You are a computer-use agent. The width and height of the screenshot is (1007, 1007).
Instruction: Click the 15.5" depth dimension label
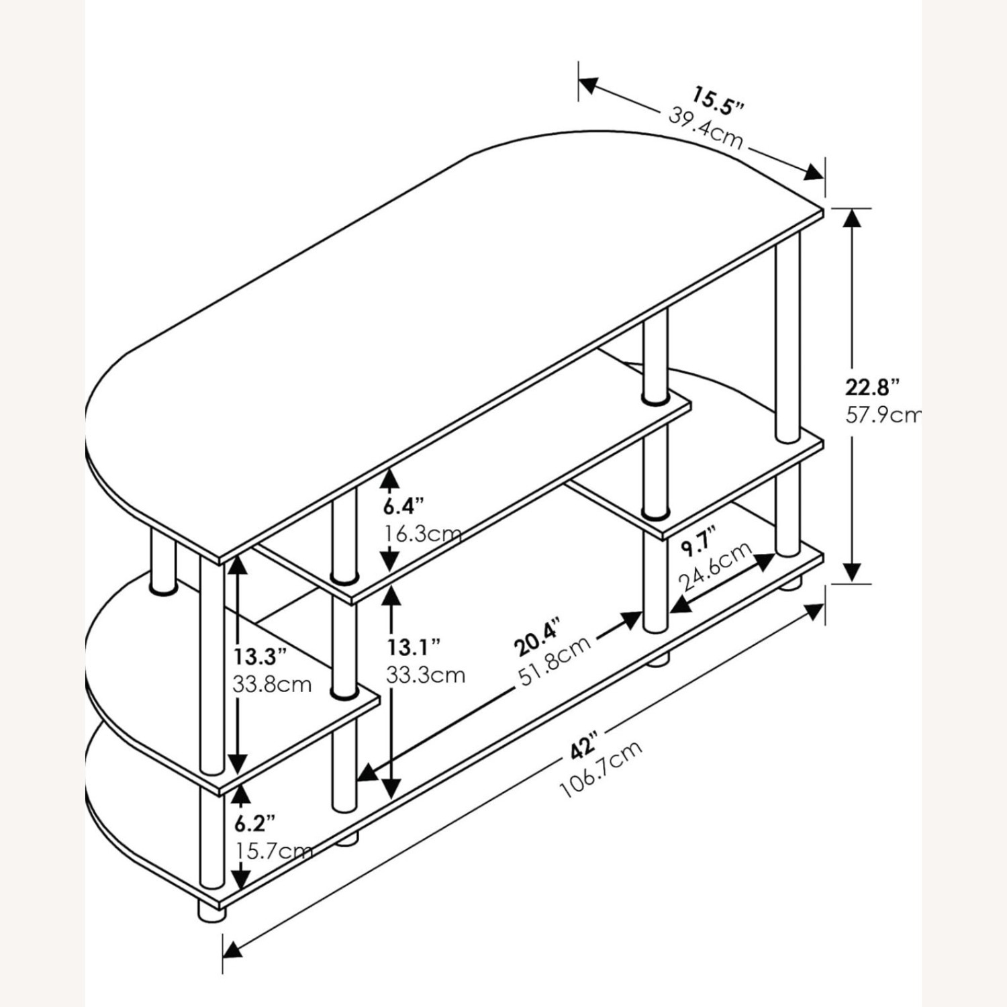click(x=719, y=100)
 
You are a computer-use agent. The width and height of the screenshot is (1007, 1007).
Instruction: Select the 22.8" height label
click(x=871, y=387)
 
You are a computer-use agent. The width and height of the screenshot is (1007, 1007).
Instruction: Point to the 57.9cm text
click(x=882, y=415)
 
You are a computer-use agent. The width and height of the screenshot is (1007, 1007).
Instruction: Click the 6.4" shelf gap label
click(x=405, y=505)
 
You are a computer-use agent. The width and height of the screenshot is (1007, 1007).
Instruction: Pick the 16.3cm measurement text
click(x=423, y=534)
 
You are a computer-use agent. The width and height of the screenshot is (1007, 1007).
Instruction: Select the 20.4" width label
click(x=536, y=638)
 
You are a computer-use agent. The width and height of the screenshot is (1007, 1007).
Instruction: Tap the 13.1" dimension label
click(x=414, y=646)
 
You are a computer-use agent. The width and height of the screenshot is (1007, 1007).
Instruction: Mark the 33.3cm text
click(x=426, y=674)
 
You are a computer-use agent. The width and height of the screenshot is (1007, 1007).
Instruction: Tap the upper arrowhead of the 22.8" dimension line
click(x=852, y=219)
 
